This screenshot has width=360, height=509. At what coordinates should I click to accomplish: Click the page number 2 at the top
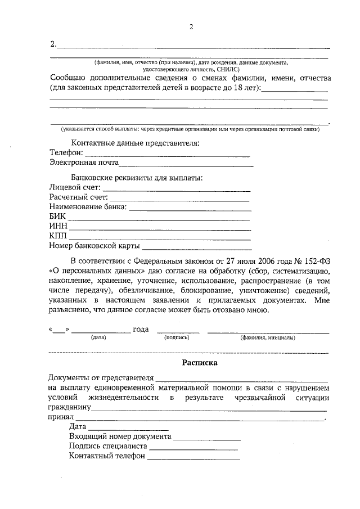coord(191,27)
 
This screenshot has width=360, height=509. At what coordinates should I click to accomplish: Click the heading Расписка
coord(200,363)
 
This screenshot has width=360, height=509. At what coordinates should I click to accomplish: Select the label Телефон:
coord(66,153)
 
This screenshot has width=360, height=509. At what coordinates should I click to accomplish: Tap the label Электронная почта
coord(83,163)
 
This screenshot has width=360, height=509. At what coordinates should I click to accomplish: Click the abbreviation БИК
coord(58,217)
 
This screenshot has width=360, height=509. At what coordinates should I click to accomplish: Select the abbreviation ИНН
coord(58,227)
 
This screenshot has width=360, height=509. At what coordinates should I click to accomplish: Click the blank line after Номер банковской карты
coord(196,247)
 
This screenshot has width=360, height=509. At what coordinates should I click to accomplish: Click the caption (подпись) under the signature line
coord(177,338)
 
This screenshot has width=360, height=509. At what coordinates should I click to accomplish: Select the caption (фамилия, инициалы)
coord(268,338)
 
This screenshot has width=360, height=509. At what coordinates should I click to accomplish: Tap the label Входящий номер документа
coord(120,436)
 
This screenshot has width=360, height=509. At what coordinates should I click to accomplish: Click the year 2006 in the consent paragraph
coord(264,260)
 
